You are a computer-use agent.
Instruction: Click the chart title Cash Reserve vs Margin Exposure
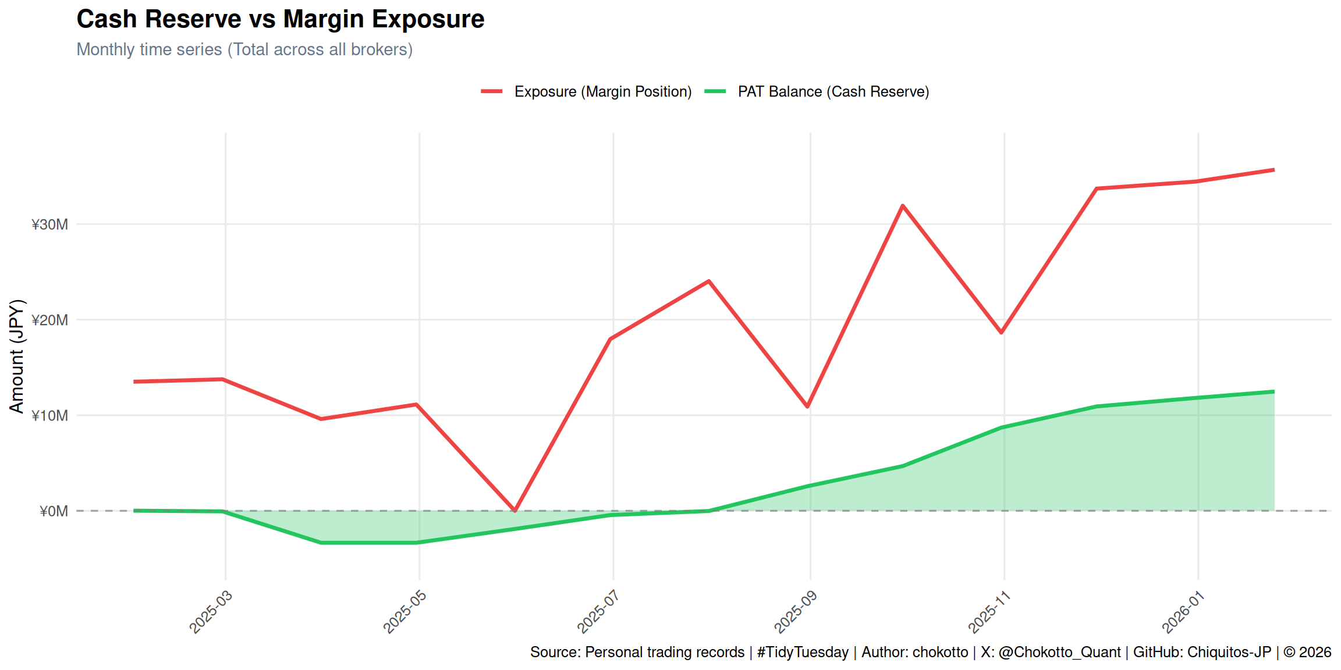pos(280,19)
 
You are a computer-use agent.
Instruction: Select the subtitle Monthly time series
pos(244,49)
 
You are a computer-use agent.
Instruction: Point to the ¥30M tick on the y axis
pos(50,224)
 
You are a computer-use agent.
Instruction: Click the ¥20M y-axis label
pos(50,320)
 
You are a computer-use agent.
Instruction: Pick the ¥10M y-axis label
pos(50,416)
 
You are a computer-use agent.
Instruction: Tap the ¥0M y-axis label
pos(54,511)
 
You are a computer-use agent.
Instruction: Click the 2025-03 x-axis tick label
pos(211,611)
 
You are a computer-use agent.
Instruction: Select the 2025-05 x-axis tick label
pos(405,611)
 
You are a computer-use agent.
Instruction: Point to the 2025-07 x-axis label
pos(598,611)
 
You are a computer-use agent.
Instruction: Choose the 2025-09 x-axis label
pos(795,611)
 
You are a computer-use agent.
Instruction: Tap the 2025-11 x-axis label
pos(989,611)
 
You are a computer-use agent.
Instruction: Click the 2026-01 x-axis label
pos(1183,611)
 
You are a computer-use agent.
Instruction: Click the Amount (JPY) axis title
pos(17,356)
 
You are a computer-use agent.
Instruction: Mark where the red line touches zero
pos(515,510)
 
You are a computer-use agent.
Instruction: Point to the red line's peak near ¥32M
pos(902,206)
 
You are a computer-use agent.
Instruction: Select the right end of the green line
pos(1273,392)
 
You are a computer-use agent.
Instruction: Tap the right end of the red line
pos(1273,170)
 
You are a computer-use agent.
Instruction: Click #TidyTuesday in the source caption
pos(803,652)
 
